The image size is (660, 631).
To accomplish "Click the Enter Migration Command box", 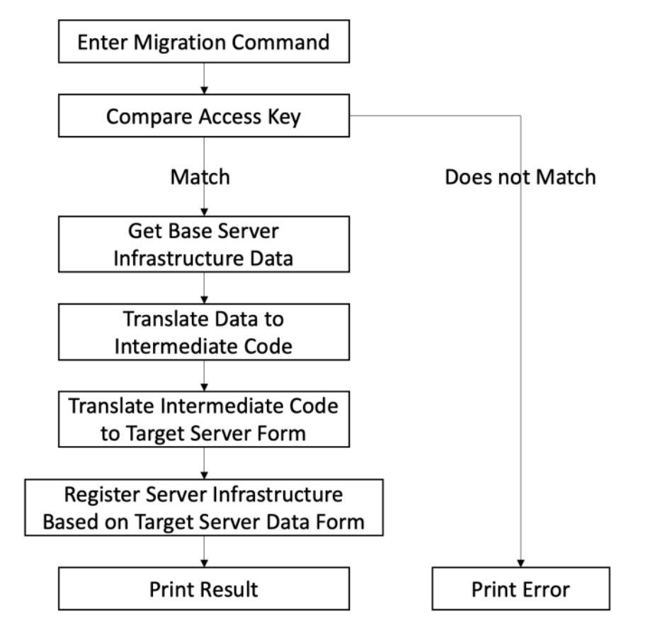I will (x=204, y=42).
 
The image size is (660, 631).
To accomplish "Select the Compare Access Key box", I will (x=204, y=116).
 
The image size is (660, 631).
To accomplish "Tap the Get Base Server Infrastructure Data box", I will (x=204, y=245).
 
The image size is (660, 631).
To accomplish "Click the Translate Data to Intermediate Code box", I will (x=204, y=333).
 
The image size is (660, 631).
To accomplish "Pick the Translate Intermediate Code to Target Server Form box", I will (x=204, y=420).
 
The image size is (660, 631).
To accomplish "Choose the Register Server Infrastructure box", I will (x=204, y=508).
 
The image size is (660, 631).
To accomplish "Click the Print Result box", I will (x=204, y=588).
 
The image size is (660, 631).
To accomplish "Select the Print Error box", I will (x=520, y=588).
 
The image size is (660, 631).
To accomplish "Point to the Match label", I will (x=200, y=177).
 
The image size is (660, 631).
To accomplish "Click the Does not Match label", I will (x=520, y=177).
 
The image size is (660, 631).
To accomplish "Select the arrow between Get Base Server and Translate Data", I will (x=204, y=289).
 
